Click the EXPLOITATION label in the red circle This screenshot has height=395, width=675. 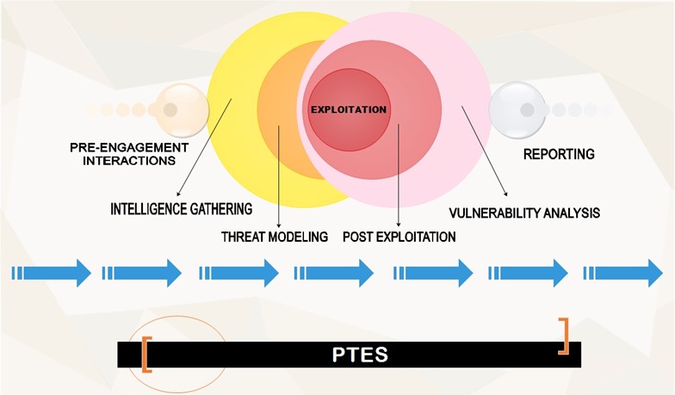348,110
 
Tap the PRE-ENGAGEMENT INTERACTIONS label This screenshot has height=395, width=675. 128,154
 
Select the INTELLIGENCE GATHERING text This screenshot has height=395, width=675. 181,209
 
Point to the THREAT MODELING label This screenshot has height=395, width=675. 275,237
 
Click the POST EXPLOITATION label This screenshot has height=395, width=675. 399,237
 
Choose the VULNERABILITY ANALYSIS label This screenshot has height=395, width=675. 524,213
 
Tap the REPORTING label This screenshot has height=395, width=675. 559,155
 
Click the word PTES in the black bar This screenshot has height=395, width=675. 360,355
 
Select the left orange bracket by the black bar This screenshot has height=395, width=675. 146,355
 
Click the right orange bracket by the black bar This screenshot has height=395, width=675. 564,336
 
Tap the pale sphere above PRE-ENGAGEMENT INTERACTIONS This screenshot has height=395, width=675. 181,109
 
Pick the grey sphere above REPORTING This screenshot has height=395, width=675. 517,109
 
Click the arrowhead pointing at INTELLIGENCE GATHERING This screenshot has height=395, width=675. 178,194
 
